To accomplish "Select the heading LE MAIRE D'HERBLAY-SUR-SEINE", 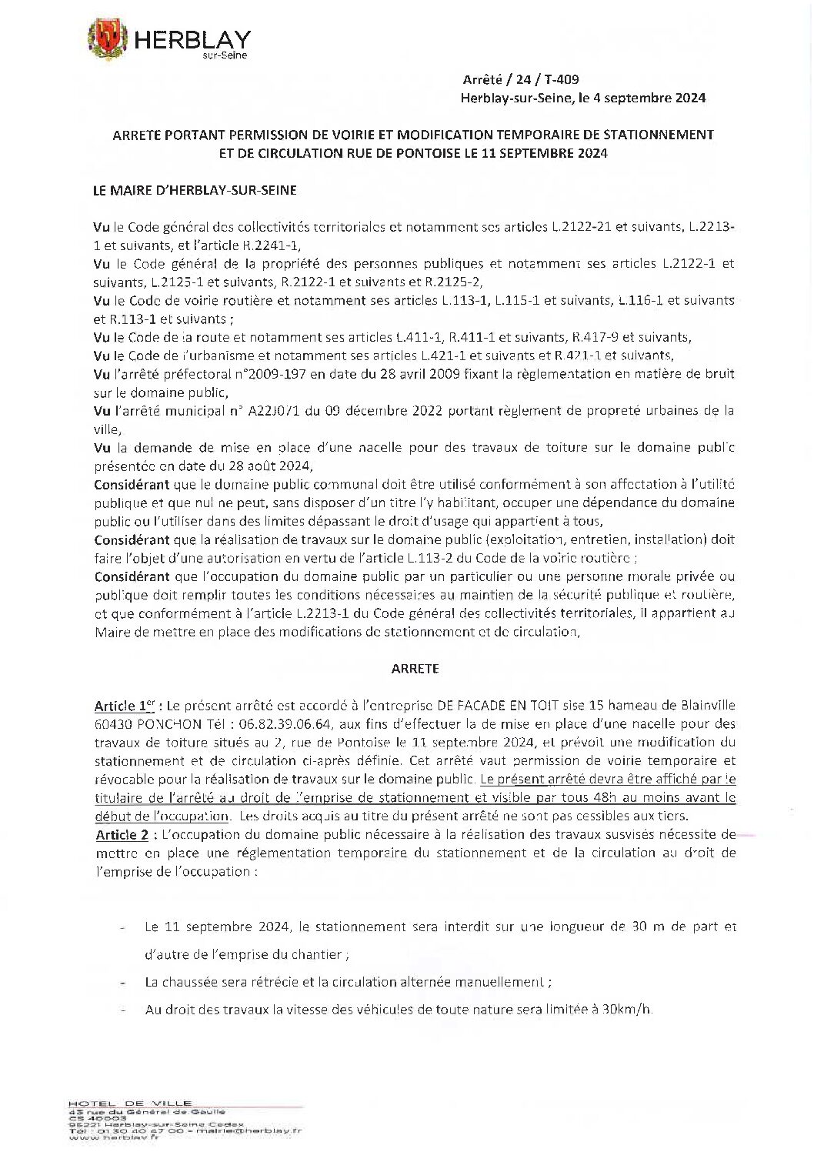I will point(194,189).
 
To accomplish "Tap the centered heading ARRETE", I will point(415,669).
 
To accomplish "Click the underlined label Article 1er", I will point(125,706).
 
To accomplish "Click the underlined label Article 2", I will point(122,835).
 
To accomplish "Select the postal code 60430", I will point(113,724).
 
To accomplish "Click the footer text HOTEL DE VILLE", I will point(130,1104).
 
